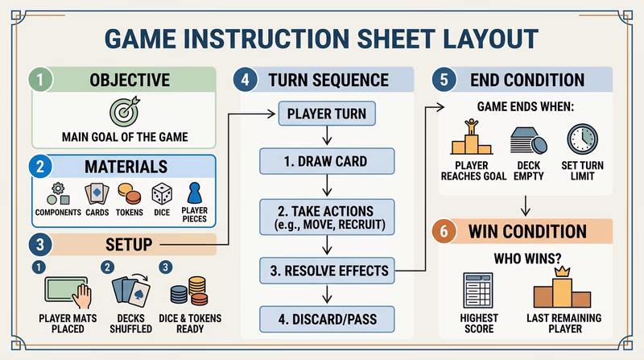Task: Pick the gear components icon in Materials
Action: [x=57, y=194]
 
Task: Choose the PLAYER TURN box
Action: [x=326, y=114]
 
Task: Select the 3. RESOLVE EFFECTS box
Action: [x=326, y=271]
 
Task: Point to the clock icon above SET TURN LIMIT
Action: [x=580, y=139]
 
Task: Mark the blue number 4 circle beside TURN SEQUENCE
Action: [x=246, y=81]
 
